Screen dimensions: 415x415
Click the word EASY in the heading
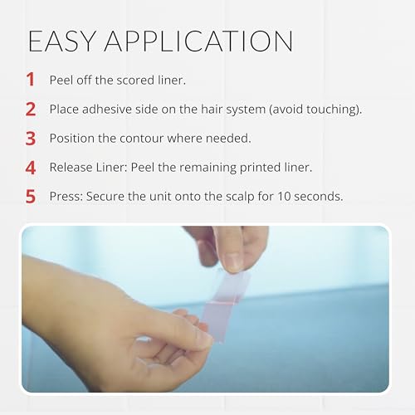(62, 41)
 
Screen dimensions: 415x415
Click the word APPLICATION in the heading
(198, 41)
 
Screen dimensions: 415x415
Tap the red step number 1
(31, 80)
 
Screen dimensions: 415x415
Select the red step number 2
(31, 109)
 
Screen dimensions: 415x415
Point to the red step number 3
(31, 139)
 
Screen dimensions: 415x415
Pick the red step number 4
(31, 168)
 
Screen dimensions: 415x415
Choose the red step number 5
(31, 197)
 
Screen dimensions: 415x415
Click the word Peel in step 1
(61, 81)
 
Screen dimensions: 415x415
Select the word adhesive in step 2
(107, 109)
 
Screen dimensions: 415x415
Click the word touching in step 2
(331, 110)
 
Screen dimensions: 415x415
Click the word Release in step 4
(71, 168)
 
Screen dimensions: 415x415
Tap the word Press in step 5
(66, 197)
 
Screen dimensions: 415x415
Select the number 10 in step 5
(284, 197)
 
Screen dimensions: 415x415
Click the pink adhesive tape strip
(226, 305)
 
